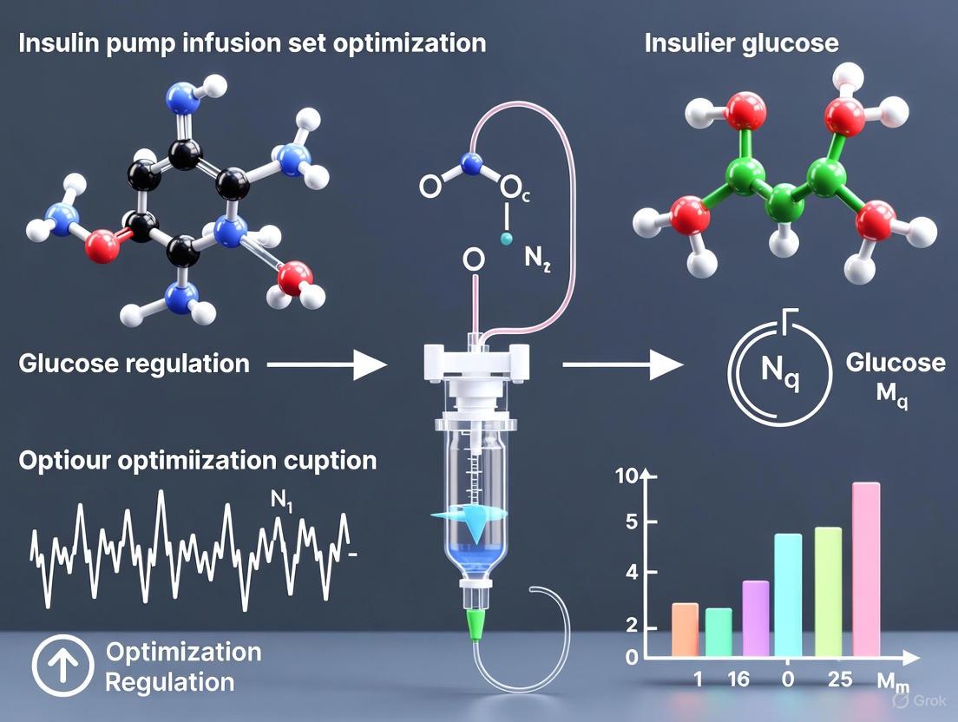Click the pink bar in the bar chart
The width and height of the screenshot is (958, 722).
[x=865, y=568]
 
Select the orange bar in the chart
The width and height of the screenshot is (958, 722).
[x=685, y=628]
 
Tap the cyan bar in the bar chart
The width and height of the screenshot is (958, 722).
[x=788, y=594]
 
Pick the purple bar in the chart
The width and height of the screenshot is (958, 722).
[x=756, y=617]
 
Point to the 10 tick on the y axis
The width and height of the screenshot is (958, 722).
[x=626, y=476]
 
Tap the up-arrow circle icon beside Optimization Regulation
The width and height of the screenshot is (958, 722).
[x=61, y=665]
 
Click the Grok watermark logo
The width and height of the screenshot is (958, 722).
[x=920, y=699]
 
